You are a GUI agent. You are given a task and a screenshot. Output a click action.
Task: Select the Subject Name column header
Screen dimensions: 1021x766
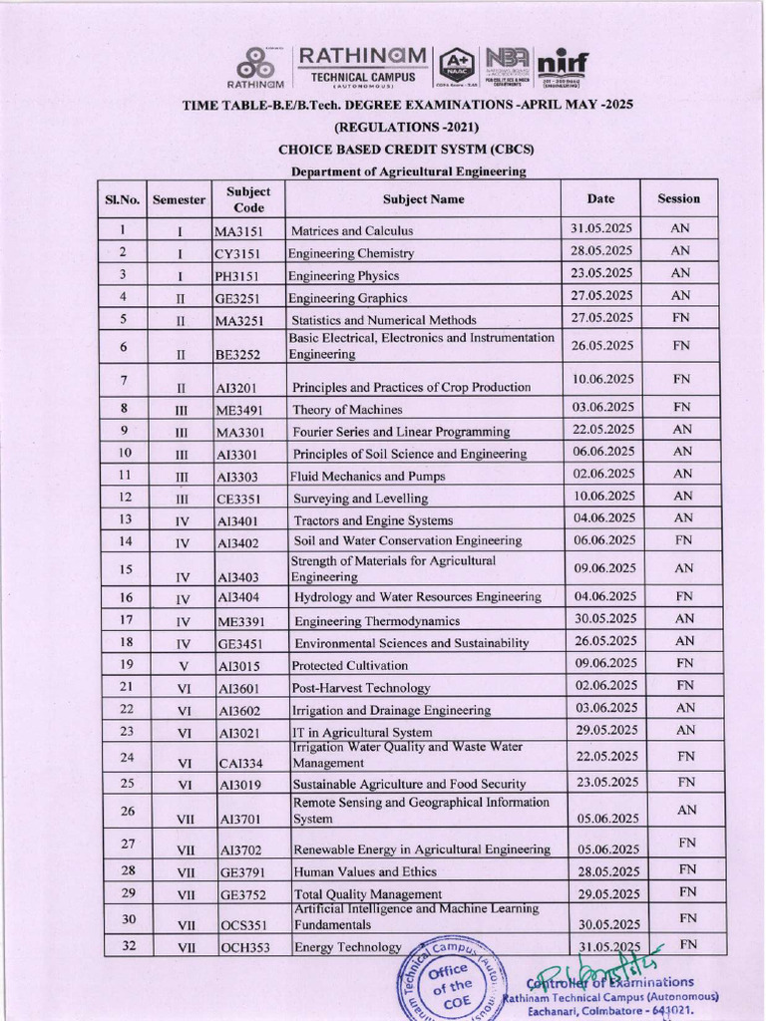pyautogui.click(x=423, y=199)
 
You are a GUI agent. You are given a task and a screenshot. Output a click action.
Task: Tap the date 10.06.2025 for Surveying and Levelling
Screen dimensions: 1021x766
pyautogui.click(x=601, y=496)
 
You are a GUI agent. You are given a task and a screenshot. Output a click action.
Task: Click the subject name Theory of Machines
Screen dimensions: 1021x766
pyautogui.click(x=347, y=410)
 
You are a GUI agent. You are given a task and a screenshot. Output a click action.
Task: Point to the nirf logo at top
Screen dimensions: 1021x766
pyautogui.click(x=563, y=65)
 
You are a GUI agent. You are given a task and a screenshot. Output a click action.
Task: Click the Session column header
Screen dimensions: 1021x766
pyautogui.click(x=678, y=198)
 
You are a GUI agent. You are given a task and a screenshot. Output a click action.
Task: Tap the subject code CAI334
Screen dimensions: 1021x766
pyautogui.click(x=241, y=764)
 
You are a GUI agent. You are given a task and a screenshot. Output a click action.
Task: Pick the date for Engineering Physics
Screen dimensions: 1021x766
pyautogui.click(x=601, y=273)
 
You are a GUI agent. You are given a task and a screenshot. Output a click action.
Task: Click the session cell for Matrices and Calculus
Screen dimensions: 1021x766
pyautogui.click(x=679, y=228)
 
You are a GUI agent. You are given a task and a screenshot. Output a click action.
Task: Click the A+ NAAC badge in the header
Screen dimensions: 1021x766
pyautogui.click(x=456, y=65)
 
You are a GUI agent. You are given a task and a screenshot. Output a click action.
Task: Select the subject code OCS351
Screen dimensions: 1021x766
pyautogui.click(x=244, y=925)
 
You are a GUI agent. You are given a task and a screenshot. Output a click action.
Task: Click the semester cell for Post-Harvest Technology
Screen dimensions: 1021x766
pyautogui.click(x=184, y=688)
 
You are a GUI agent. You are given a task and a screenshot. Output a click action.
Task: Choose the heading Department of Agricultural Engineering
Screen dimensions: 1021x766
pyautogui.click(x=408, y=171)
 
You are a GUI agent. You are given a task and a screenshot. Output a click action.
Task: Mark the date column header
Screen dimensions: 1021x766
pyautogui.click(x=600, y=198)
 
